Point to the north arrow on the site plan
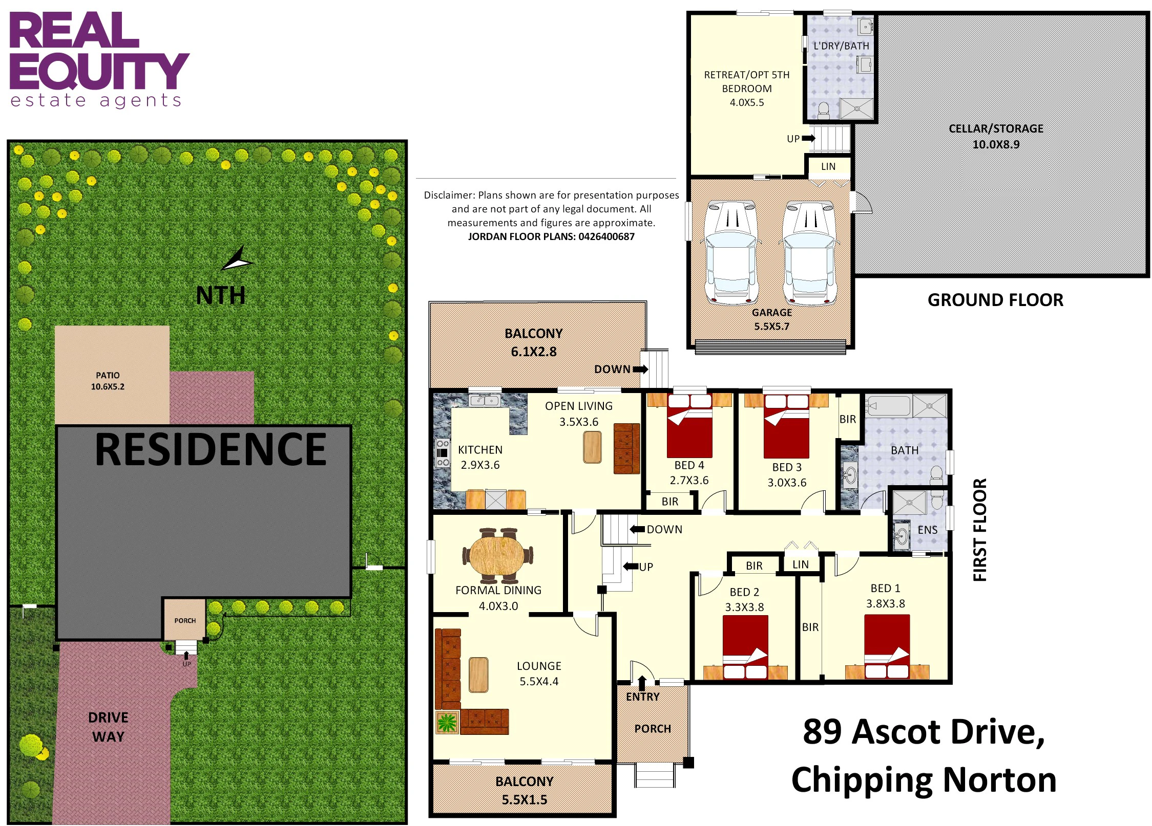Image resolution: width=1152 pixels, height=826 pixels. [x=237, y=259]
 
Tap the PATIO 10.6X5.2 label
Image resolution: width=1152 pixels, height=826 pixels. [x=108, y=381]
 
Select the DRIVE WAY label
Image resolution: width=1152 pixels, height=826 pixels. [x=108, y=727]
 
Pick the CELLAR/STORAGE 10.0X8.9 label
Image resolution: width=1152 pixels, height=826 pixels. [x=996, y=136]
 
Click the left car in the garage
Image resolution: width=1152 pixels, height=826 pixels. [x=731, y=252]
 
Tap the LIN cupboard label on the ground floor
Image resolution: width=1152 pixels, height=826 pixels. [x=828, y=166]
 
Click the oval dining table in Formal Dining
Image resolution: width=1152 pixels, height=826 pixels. [x=497, y=555]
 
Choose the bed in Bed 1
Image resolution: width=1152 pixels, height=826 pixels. [x=887, y=646]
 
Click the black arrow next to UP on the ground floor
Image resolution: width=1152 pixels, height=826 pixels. [x=809, y=138]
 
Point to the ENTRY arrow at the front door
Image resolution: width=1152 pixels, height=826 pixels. [x=642, y=683]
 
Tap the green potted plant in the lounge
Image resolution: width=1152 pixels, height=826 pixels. [x=447, y=722]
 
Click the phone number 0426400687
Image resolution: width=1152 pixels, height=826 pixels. [x=606, y=236]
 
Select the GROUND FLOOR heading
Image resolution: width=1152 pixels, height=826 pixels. [x=995, y=300]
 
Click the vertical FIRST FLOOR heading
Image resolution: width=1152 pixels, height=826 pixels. [x=980, y=530]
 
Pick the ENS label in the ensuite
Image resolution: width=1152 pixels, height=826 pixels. [x=928, y=530]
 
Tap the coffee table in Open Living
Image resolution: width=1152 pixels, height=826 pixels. [x=592, y=447]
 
